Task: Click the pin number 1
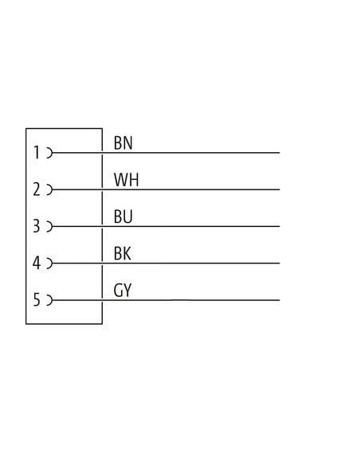pos(37,152)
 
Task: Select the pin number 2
pos(37,190)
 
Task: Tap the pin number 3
pos(36,226)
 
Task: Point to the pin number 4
pos(37,263)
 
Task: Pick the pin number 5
pos(37,300)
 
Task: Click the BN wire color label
pos(123,143)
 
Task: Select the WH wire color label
pos(127,180)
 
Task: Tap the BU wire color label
pos(123,217)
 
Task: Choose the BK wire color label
pos(123,253)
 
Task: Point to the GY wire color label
pos(123,291)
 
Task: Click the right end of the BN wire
pos(280,153)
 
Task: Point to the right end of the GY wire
pos(280,300)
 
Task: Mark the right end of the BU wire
pos(280,226)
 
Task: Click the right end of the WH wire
pos(280,190)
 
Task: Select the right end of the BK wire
pos(280,263)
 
